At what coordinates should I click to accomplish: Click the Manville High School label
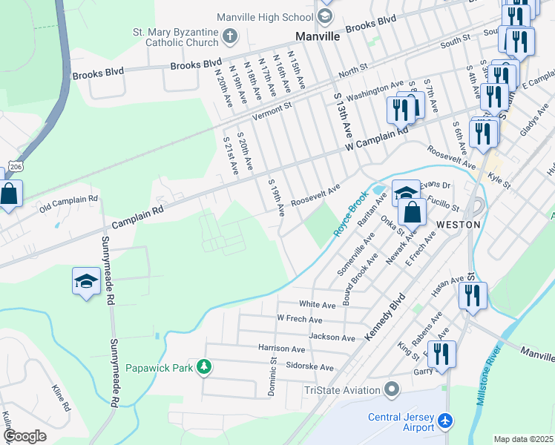[264, 17]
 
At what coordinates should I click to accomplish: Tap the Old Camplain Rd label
[68, 200]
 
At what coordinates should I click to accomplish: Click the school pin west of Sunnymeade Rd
[86, 282]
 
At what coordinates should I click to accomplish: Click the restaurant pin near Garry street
[441, 353]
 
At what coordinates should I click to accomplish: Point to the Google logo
[25, 436]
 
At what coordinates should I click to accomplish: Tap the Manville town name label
[318, 36]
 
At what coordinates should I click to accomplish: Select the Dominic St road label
[272, 377]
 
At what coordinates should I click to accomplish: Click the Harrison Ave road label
[281, 349]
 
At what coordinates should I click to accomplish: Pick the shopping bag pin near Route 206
[9, 194]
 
